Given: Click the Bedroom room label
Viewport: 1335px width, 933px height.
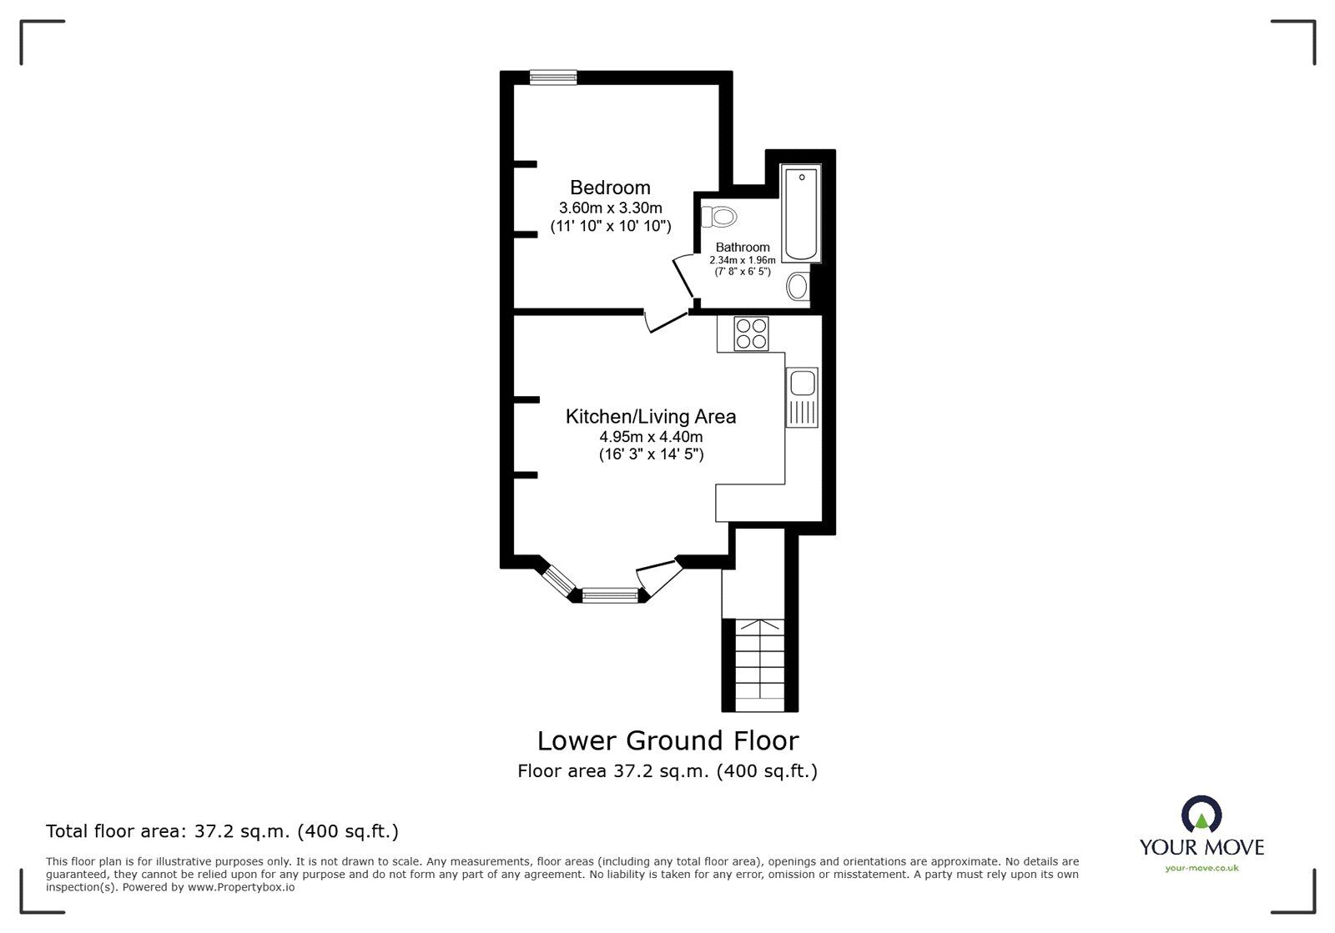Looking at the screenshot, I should [610, 188].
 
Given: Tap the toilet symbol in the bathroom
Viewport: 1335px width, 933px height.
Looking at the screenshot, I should [720, 217].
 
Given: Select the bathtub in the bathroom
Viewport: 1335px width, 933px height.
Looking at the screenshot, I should [801, 214].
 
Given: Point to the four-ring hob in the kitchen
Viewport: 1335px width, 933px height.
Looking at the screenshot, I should [750, 334].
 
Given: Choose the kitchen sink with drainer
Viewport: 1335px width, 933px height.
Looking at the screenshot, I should [803, 397].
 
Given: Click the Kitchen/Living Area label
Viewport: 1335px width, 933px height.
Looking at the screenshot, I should [651, 416].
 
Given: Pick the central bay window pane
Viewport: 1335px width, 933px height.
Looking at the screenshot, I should [610, 594].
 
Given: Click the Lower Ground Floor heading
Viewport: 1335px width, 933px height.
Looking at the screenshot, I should [667, 740].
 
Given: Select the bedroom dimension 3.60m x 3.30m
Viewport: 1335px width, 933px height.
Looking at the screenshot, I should [610, 208].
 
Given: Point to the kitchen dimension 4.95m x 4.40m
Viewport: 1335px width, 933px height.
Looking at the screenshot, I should [651, 437].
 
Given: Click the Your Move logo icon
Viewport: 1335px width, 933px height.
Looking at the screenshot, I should [1201, 815].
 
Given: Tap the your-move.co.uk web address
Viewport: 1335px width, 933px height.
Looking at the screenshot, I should [1201, 868].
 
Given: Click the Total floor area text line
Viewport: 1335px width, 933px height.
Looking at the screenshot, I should [222, 831].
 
